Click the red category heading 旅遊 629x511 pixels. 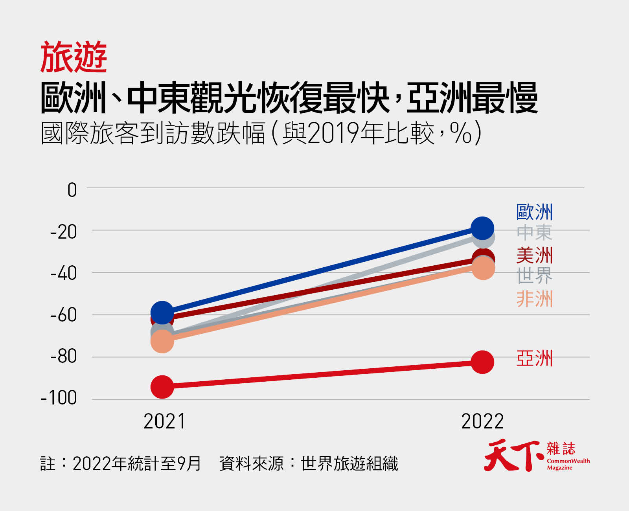[x=74, y=57]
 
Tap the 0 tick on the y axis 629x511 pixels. [x=72, y=190]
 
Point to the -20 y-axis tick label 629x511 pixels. [x=64, y=232]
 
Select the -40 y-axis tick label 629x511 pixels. [x=64, y=273]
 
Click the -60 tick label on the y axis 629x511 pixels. [x=64, y=315]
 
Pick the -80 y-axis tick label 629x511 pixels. [x=64, y=356]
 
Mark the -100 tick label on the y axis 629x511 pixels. [x=59, y=398]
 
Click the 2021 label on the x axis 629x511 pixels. [x=164, y=421]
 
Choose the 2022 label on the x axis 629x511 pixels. [x=482, y=421]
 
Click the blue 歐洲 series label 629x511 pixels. [x=534, y=212]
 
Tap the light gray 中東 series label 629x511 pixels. [x=534, y=233]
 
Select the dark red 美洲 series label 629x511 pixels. [x=534, y=256]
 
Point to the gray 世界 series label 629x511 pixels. [x=534, y=276]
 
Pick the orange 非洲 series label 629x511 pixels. [x=534, y=299]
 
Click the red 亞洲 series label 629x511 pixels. [x=534, y=358]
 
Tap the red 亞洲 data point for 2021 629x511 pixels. [x=162, y=387]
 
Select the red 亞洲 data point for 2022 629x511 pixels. [x=482, y=362]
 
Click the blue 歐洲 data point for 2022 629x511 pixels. [x=482, y=228]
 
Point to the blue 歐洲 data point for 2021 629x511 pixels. [x=162, y=312]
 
